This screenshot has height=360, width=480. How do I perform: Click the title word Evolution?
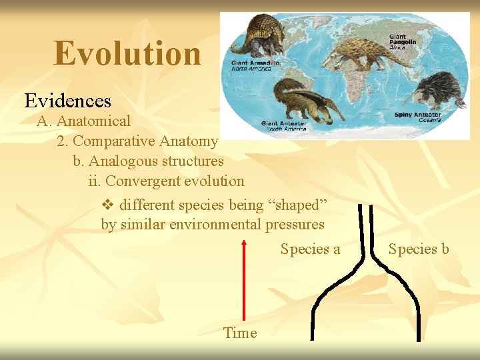pos(127,53)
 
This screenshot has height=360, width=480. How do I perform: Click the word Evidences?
pos(68,101)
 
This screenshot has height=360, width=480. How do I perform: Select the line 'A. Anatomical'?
pos(84,121)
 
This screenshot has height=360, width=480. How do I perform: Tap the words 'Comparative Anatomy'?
pos(145,141)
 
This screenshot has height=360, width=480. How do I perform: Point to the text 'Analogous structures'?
pos(156,161)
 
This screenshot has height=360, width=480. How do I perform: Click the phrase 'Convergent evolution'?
pos(175,181)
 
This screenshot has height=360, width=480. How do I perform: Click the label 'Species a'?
pos(310,249)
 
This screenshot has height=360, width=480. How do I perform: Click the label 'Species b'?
pos(419,249)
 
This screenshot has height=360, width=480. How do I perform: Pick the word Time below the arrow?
pos(240,333)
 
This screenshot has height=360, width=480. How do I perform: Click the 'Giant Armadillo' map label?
pos(255,65)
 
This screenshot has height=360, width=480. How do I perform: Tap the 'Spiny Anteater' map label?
pos(417,115)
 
